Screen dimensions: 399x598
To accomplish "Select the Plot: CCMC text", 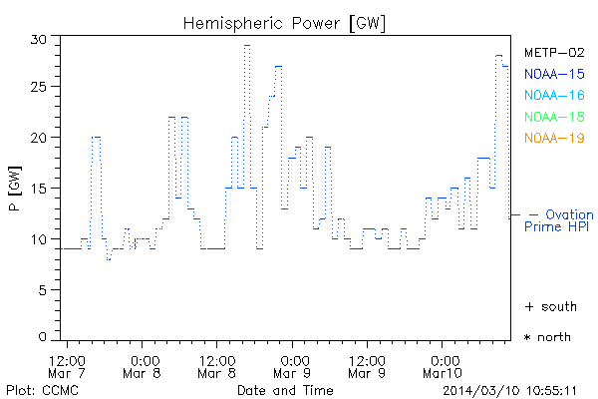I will click(x=36, y=389).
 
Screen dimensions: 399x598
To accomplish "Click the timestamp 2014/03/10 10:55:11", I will click(x=509, y=389).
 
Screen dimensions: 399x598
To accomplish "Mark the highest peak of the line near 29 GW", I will click(x=247, y=45).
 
